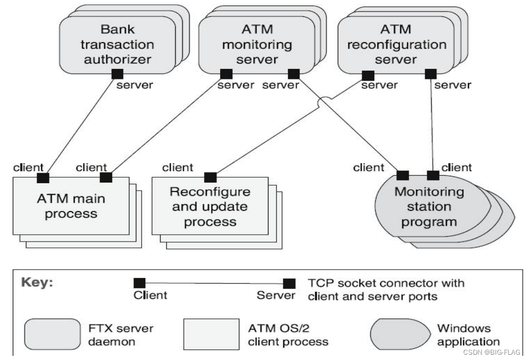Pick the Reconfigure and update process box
pos(210,206)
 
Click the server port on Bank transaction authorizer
pos(117,74)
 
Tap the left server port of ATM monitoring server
pos(226,74)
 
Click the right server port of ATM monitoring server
pos(294,74)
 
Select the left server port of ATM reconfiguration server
pos(367,75)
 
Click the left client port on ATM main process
pos(43,177)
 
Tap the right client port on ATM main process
pos(106,177)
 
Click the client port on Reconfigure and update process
pos(210,177)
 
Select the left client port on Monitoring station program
pos(403,175)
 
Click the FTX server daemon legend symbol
pos(51,334)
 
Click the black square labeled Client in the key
pos(140,283)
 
